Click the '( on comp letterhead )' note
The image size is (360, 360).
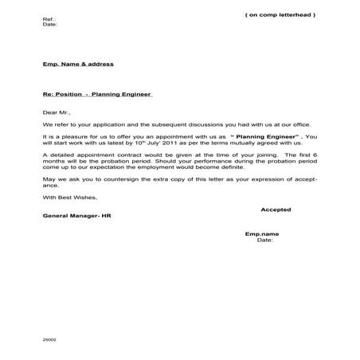(280, 15)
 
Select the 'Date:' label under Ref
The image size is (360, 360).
(49, 25)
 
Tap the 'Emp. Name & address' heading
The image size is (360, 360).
(78, 64)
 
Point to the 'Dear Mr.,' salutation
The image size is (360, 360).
(56, 112)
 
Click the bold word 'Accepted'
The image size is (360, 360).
(276, 209)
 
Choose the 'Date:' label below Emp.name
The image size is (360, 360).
(264, 240)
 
